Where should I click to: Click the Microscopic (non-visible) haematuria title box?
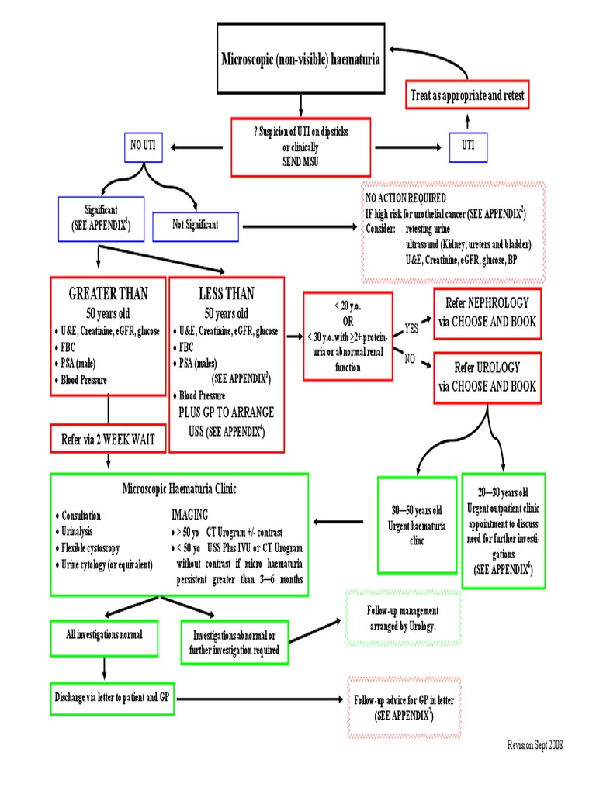[301, 59]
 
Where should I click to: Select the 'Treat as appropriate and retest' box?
[467, 96]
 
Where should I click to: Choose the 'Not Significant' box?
[196, 225]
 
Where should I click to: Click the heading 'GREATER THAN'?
[108, 295]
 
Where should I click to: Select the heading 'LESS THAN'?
[227, 295]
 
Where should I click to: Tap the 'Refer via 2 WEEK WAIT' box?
[108, 440]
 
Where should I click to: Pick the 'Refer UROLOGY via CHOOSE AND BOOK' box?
[487, 377]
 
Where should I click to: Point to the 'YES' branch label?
[411, 329]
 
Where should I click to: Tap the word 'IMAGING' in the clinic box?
[189, 514]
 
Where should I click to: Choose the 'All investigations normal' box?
[104, 635]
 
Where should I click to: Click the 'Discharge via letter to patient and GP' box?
[113, 697]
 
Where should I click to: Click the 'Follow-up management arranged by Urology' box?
[403, 617]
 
